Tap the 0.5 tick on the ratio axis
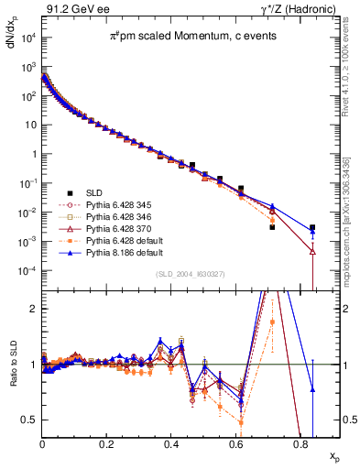click(x=32, y=420)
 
